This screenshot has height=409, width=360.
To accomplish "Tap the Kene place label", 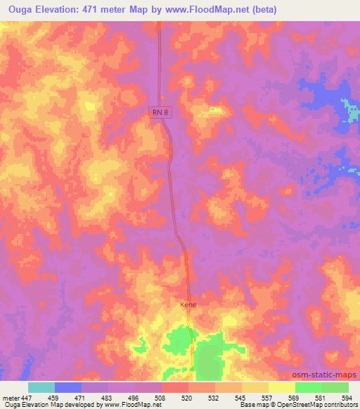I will tap(186, 306).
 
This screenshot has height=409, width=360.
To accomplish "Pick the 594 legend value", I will tap(345, 397).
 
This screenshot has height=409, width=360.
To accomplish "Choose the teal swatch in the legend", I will tap(41, 387).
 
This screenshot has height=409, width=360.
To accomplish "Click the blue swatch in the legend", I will tap(68, 387).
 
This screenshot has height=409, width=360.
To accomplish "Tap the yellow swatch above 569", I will tap(282, 387).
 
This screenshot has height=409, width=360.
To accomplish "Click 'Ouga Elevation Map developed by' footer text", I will tap(52, 405).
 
